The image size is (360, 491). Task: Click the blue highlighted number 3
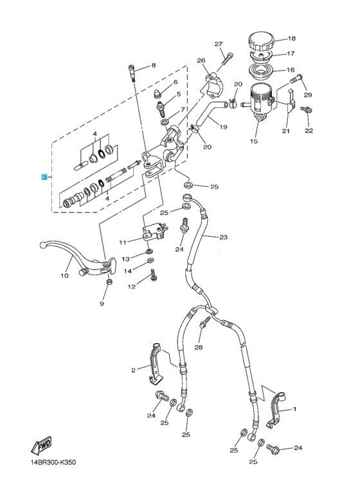coord(44,178)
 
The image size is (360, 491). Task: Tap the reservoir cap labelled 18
coord(261,41)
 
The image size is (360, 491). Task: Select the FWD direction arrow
coord(41,445)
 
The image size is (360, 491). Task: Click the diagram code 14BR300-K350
coord(53,462)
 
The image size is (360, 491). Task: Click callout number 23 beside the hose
coord(223,237)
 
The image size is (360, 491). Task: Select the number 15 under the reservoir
coord(254,141)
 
